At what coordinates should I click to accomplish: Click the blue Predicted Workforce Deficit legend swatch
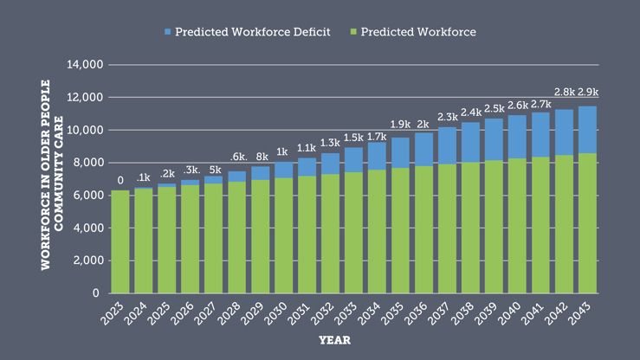(x=167, y=32)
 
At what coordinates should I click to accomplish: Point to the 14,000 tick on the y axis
(x=85, y=65)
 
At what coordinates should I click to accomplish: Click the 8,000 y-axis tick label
(x=88, y=163)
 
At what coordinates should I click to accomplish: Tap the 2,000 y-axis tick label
(x=88, y=260)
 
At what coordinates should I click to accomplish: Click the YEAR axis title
(x=334, y=340)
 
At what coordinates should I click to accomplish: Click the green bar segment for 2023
(x=120, y=241)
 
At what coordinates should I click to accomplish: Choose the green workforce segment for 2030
(x=284, y=235)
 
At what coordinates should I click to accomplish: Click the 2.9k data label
(x=588, y=93)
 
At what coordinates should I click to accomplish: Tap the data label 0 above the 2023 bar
(x=120, y=180)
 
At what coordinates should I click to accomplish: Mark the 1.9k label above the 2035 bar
(x=400, y=125)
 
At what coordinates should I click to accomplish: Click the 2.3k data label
(x=447, y=116)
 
